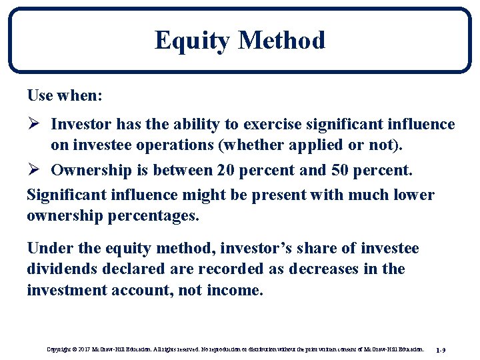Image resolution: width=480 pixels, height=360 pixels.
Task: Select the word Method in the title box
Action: click(x=281, y=40)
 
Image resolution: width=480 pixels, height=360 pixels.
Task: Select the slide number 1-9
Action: click(x=441, y=349)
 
